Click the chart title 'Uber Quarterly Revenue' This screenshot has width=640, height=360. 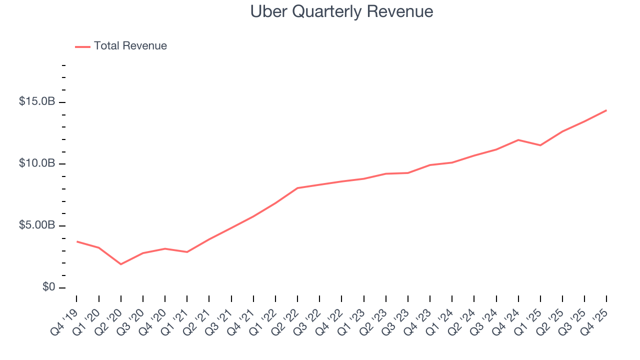pos(341,11)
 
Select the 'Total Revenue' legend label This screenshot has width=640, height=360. pos(130,46)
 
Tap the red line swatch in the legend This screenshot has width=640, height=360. pos(82,46)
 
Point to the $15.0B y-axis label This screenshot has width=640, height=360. pos(37,101)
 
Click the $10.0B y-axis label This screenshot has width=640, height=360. pos(37,163)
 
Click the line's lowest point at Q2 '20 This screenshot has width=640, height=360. pos(121,264)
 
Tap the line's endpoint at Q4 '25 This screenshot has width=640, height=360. pos(606,110)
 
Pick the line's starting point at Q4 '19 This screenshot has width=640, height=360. pos(77,241)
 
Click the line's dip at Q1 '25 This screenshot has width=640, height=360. pos(540,145)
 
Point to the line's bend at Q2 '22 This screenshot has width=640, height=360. pos(297,188)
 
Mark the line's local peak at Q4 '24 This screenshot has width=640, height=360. pos(518,140)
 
